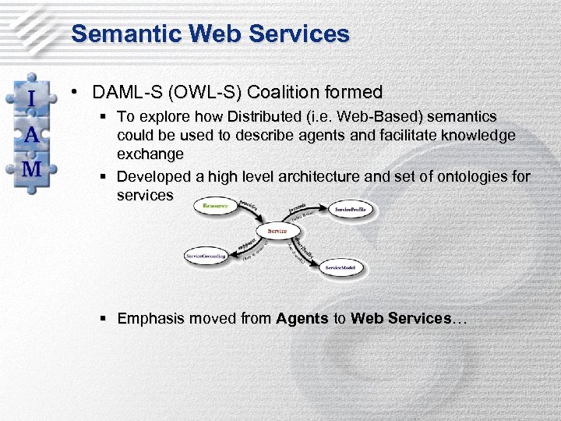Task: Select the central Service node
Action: coord(277,231)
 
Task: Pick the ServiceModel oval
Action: coord(340,267)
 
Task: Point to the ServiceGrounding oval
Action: coord(206,256)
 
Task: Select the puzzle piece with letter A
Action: coord(31,134)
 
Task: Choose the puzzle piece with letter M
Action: coord(31,169)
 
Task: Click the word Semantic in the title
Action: coord(118,34)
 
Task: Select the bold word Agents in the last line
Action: coord(302,318)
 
